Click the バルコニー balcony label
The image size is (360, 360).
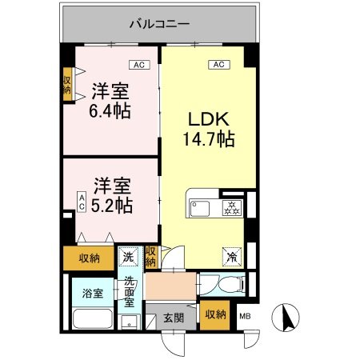click(x=160, y=24)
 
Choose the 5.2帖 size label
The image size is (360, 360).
click(x=110, y=204)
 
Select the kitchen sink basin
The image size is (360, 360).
click(x=198, y=209)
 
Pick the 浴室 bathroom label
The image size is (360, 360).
click(x=93, y=293)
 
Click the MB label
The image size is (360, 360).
click(x=245, y=317)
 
